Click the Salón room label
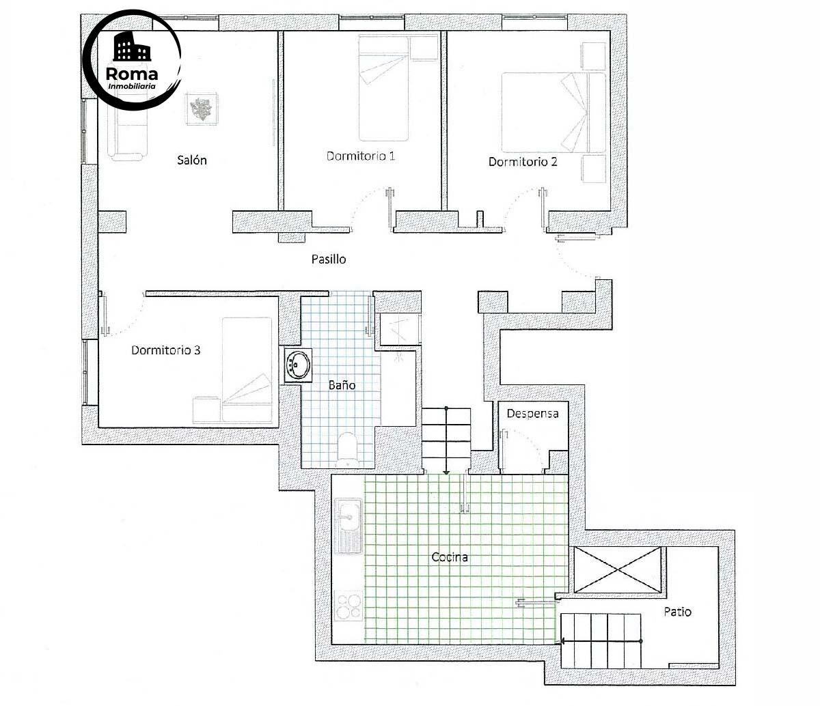(x=191, y=160)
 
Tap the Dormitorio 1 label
(x=361, y=156)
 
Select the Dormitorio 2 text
(x=523, y=162)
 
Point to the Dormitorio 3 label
(x=166, y=350)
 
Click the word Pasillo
(x=329, y=259)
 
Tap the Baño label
(x=342, y=385)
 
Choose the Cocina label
(x=450, y=557)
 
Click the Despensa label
(x=533, y=414)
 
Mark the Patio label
(x=678, y=612)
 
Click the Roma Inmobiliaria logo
(x=132, y=60)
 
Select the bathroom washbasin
(x=298, y=365)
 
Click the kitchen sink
(x=348, y=526)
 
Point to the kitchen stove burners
(x=348, y=606)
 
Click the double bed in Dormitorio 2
(x=553, y=113)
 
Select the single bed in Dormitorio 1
(x=383, y=88)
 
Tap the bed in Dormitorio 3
(x=247, y=370)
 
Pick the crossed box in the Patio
(x=618, y=570)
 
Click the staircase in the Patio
(x=601, y=641)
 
